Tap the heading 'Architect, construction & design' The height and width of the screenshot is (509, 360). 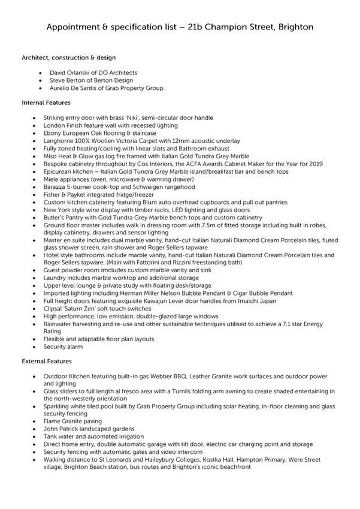pos(69,58)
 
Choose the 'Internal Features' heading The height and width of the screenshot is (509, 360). pos(46,103)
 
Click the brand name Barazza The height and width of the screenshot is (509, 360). pos(56,187)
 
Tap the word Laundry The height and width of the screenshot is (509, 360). pos(56,278)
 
